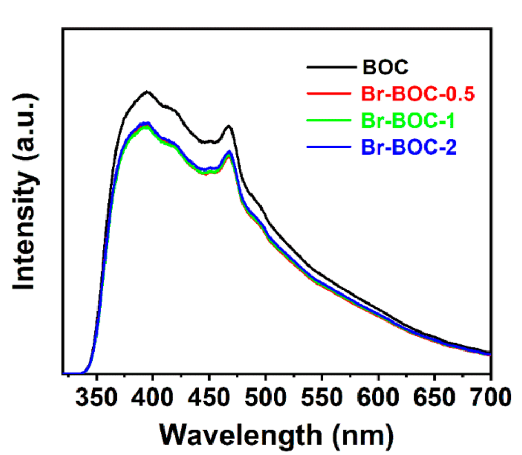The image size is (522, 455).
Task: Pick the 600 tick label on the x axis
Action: point(378,397)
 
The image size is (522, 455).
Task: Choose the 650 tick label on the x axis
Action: point(434,397)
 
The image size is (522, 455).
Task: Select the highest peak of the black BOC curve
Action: point(147,91)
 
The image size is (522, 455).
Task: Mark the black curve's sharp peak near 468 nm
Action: point(229,126)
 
